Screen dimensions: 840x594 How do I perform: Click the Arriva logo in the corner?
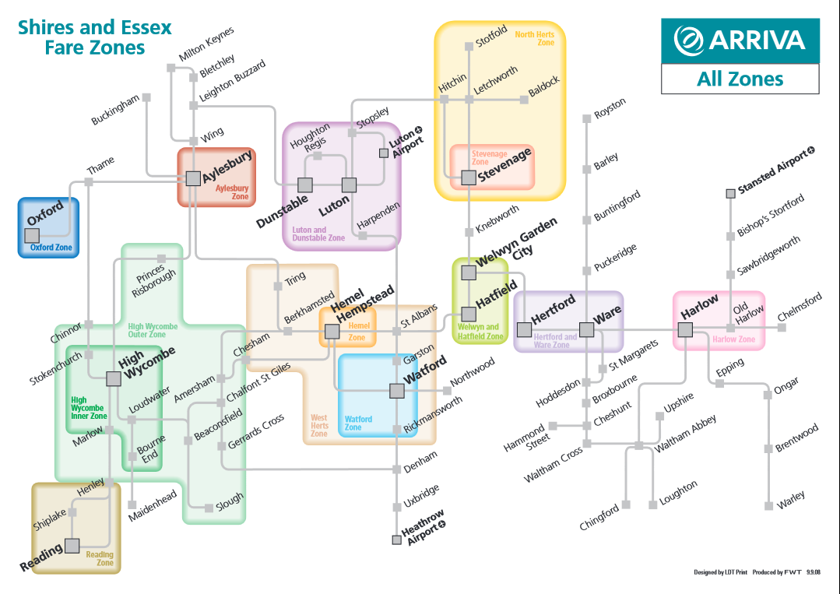point(740,40)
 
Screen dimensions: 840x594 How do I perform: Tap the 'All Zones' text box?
point(740,79)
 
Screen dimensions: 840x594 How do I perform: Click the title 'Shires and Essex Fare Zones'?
point(95,37)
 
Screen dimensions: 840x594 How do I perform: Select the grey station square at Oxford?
point(32,235)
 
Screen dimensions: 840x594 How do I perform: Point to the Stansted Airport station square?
point(731,193)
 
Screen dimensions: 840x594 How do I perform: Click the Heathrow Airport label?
point(424,527)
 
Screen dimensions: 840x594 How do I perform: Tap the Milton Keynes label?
point(206,43)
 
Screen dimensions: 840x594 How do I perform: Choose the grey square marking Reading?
point(72,546)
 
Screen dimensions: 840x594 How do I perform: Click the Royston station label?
point(610,108)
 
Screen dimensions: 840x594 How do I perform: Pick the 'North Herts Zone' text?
point(535,38)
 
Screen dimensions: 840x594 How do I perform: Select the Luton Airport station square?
point(384,153)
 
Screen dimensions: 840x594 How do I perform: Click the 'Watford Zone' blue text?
point(358,423)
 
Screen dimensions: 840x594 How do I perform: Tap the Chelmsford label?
point(800,307)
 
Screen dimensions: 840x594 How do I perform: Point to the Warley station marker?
point(768,505)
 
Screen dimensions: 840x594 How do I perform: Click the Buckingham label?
point(115,109)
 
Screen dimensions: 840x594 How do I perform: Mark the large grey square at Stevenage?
point(469,177)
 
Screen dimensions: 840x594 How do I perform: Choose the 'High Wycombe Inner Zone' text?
point(89,408)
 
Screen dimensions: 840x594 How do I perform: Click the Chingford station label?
point(599,518)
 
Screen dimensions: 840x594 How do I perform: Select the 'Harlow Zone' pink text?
point(733,339)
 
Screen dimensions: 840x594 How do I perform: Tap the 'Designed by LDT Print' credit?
point(721,572)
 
